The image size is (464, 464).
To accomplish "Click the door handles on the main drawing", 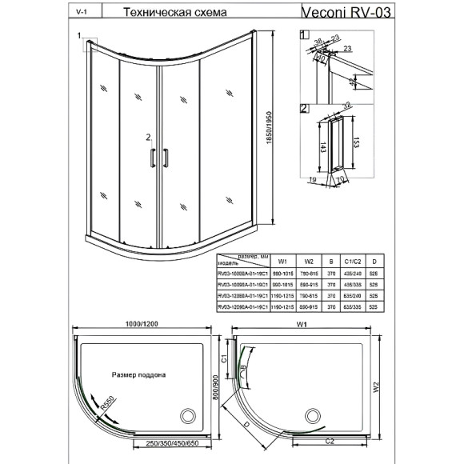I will [x=158, y=158].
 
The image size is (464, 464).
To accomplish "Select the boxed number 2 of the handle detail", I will [x=304, y=107].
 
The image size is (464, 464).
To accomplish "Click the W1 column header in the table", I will [x=282, y=260].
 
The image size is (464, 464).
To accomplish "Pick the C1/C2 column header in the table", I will [x=354, y=260].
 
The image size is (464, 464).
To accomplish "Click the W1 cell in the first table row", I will [x=282, y=271].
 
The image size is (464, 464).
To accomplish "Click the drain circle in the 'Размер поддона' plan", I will [x=188, y=415].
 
